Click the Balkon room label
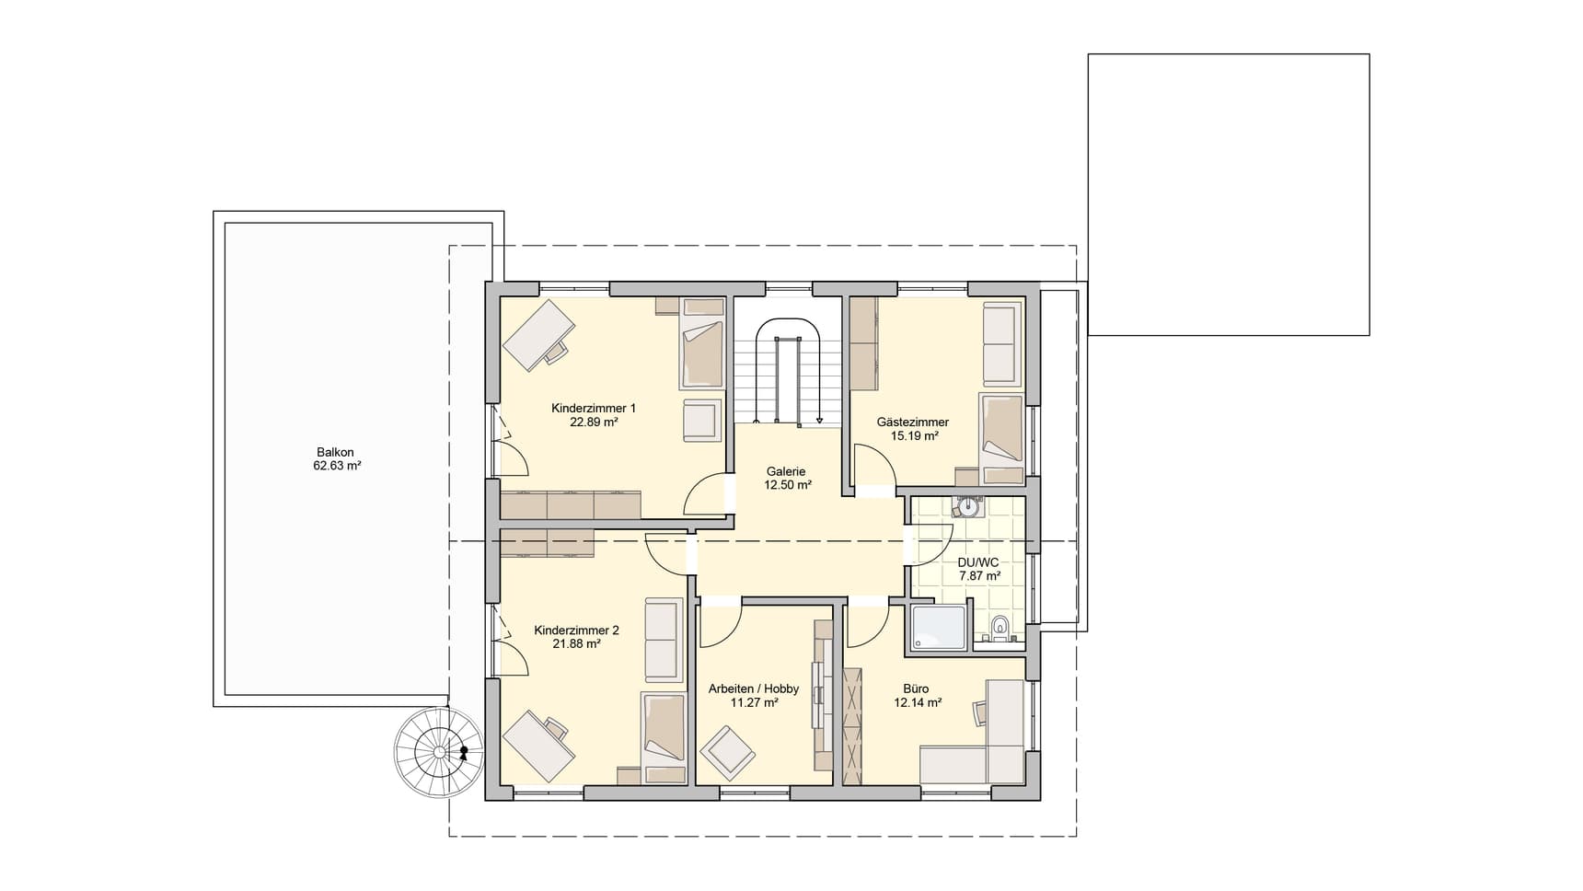(335, 452)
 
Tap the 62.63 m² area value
(337, 466)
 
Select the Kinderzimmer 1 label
(594, 408)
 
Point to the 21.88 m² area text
(577, 644)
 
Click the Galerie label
(786, 471)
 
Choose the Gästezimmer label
(913, 422)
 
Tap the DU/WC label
(978, 562)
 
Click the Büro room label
(916, 688)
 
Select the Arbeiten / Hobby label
(754, 688)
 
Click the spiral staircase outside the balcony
(438, 752)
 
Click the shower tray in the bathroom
(938, 628)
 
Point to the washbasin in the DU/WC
(968, 505)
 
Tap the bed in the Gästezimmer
(1001, 440)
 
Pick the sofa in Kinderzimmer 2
(663, 639)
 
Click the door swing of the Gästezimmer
(874, 465)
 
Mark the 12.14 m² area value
(918, 702)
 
